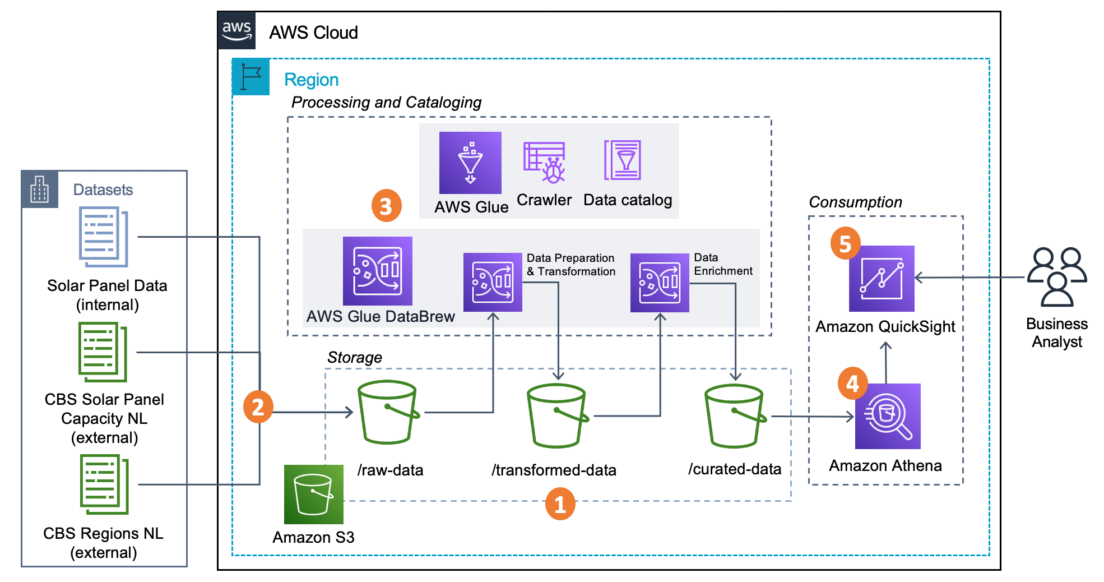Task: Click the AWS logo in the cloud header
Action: (x=236, y=31)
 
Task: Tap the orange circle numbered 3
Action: (x=386, y=206)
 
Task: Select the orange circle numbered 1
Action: (x=560, y=504)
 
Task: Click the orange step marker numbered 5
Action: (x=845, y=243)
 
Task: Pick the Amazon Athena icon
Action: (x=888, y=416)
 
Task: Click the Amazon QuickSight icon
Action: (x=882, y=279)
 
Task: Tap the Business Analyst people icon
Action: (x=1057, y=277)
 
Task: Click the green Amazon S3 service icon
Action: (x=313, y=494)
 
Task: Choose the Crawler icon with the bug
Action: (x=544, y=163)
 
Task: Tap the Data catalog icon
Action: (x=623, y=160)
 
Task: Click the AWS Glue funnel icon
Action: (x=470, y=163)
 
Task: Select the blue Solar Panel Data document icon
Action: (x=104, y=237)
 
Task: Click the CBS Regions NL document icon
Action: (x=105, y=484)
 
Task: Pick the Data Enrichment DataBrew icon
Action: (x=659, y=283)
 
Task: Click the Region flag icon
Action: (x=251, y=77)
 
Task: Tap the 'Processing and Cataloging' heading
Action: (x=386, y=102)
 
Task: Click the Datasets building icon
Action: (x=40, y=190)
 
